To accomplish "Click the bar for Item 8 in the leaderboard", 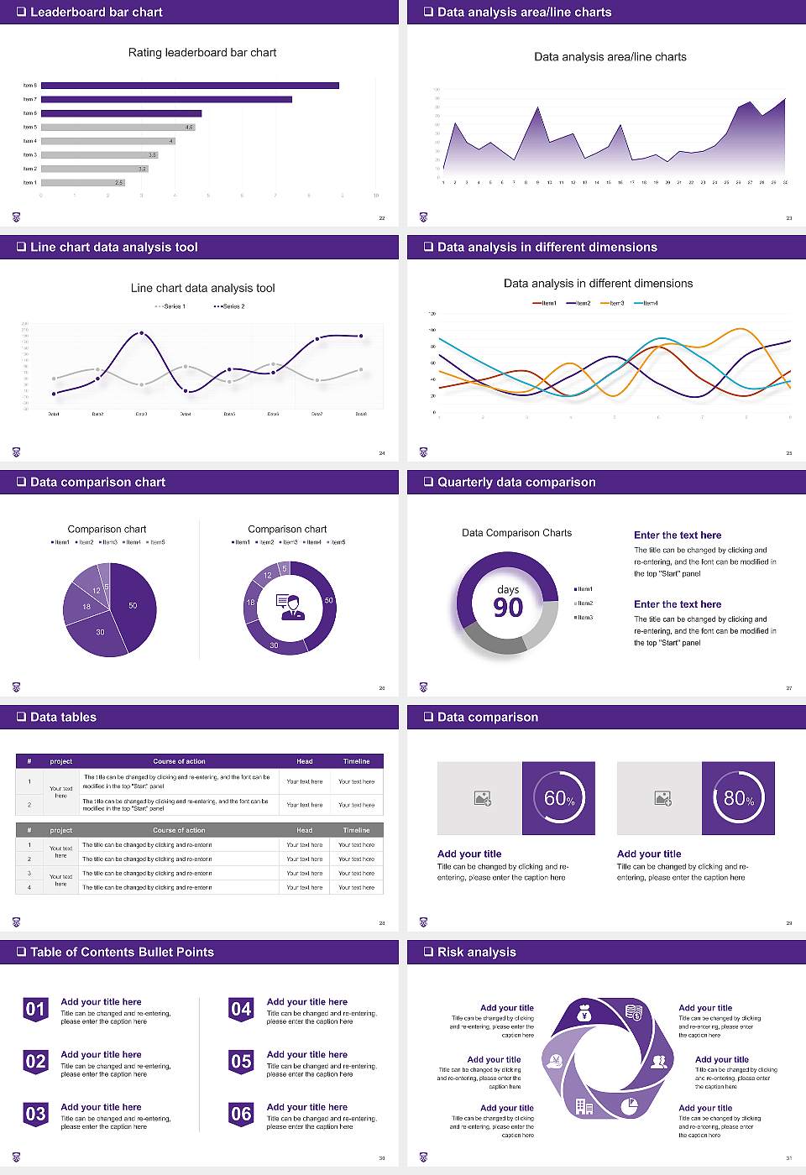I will click(x=190, y=86).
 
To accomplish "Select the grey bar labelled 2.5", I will click(x=82, y=182).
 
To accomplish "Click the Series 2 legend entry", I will click(x=229, y=306).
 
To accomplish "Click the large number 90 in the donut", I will click(x=508, y=608).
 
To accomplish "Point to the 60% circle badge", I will click(x=559, y=798).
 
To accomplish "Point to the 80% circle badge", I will click(x=739, y=798).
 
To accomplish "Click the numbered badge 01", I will click(x=35, y=1009).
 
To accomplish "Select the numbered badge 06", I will click(x=241, y=1114).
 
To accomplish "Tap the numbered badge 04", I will click(x=241, y=1009).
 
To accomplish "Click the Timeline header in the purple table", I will click(x=356, y=761).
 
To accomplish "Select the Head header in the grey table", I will click(x=304, y=830).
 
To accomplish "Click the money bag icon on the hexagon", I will click(x=585, y=1016).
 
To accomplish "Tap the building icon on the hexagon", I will click(x=584, y=1107).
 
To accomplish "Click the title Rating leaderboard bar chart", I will click(x=202, y=53).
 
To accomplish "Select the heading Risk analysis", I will click(x=476, y=952).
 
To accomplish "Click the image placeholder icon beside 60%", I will click(x=482, y=798).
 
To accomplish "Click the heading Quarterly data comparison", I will click(x=516, y=482).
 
